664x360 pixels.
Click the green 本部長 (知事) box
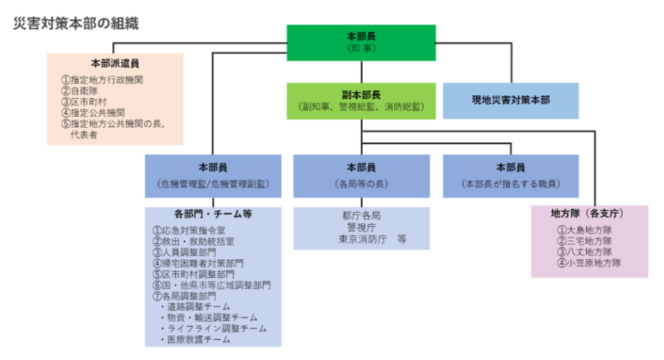361,42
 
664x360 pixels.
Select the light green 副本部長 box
361,101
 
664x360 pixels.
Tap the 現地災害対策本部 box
510,101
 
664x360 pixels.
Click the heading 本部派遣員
115,63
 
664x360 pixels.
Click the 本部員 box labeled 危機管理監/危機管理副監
213,176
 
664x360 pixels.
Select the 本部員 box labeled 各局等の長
361,176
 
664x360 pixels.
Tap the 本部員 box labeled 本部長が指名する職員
510,176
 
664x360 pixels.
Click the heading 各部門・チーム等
213,214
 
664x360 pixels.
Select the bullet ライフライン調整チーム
212,329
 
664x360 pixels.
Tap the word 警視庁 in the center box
361,227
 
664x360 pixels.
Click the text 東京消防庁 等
372,239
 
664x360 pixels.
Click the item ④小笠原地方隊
589,263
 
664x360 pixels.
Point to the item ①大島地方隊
584,230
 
